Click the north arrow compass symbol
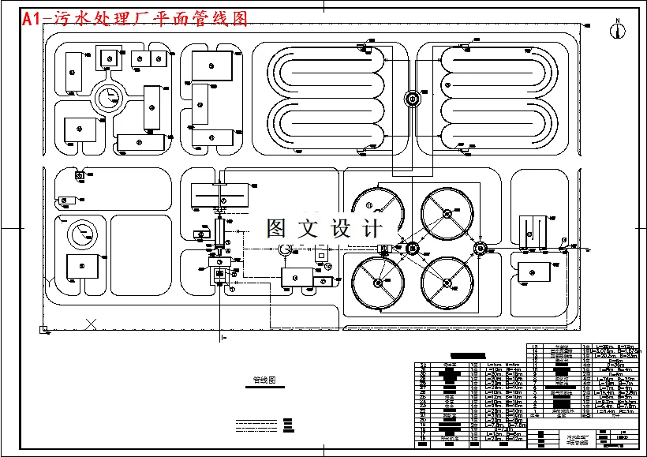click(618, 29)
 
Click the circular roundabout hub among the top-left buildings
click(109, 98)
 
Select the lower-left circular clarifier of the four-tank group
click(378, 283)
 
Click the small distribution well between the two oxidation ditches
click(411, 99)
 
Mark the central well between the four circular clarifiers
click(412, 249)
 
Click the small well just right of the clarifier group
click(479, 249)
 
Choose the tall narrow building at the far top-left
click(74, 73)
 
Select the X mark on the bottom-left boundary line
click(92, 323)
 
